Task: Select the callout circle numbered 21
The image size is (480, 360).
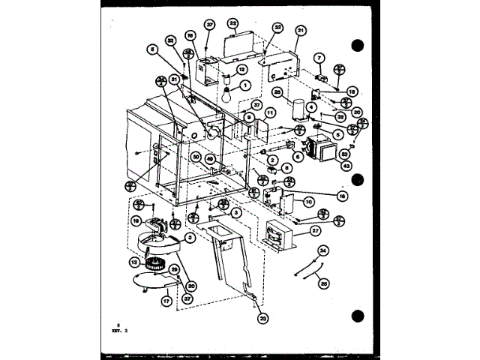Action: [x=301, y=30]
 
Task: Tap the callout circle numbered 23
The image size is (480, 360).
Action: [x=262, y=318]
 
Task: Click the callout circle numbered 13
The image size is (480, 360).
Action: [x=135, y=262]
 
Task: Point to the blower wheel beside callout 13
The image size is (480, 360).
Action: [x=156, y=264]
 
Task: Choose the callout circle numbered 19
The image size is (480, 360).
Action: [x=136, y=222]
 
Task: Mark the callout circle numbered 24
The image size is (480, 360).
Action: [x=323, y=250]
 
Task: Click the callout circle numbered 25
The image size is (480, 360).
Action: [x=324, y=282]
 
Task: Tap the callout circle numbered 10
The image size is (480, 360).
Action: [x=309, y=202]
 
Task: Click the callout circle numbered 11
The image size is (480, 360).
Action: [x=271, y=112]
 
